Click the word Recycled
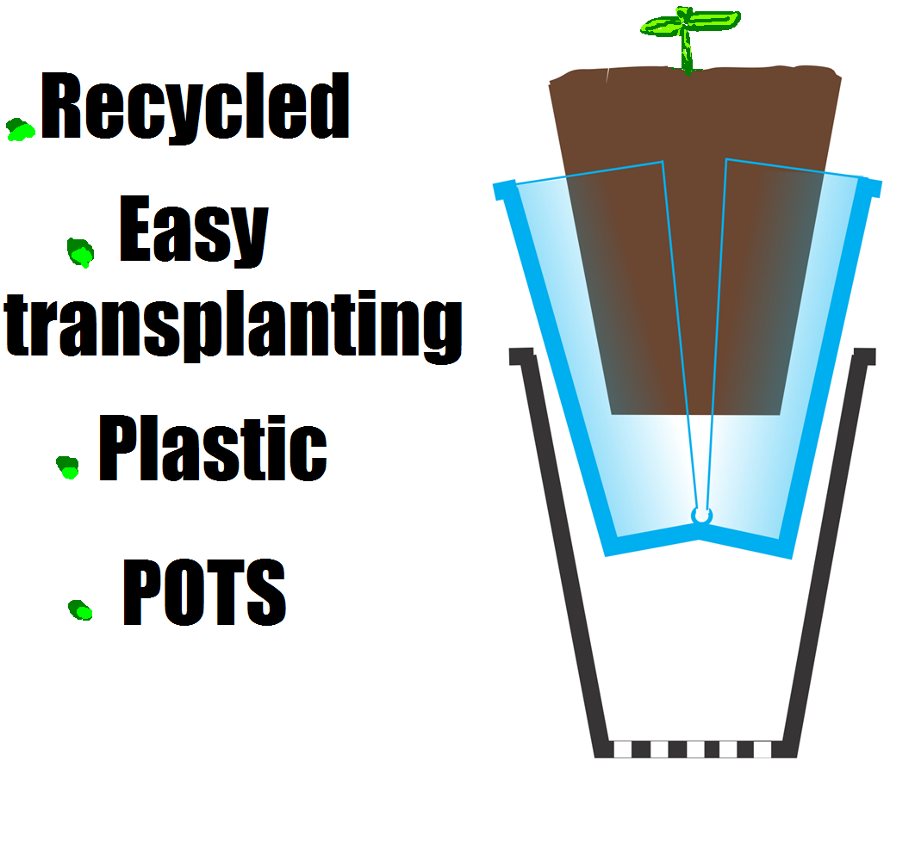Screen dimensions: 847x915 195,108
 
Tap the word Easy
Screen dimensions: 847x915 193,232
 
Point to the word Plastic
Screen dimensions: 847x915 212,448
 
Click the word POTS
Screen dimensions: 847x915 204,593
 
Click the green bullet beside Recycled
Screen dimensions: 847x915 21,129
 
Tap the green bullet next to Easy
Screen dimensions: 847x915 80,251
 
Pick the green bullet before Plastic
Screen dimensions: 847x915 67,467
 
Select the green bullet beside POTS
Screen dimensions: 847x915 80,609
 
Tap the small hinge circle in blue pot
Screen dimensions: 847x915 701,515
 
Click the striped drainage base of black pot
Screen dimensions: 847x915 694,749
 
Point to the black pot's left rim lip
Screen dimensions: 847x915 520,355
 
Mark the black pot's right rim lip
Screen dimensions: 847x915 864,355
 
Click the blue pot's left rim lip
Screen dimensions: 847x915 503,189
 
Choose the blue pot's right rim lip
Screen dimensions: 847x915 871,186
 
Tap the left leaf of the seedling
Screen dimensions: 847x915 662,26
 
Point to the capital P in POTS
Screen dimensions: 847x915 143,593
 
